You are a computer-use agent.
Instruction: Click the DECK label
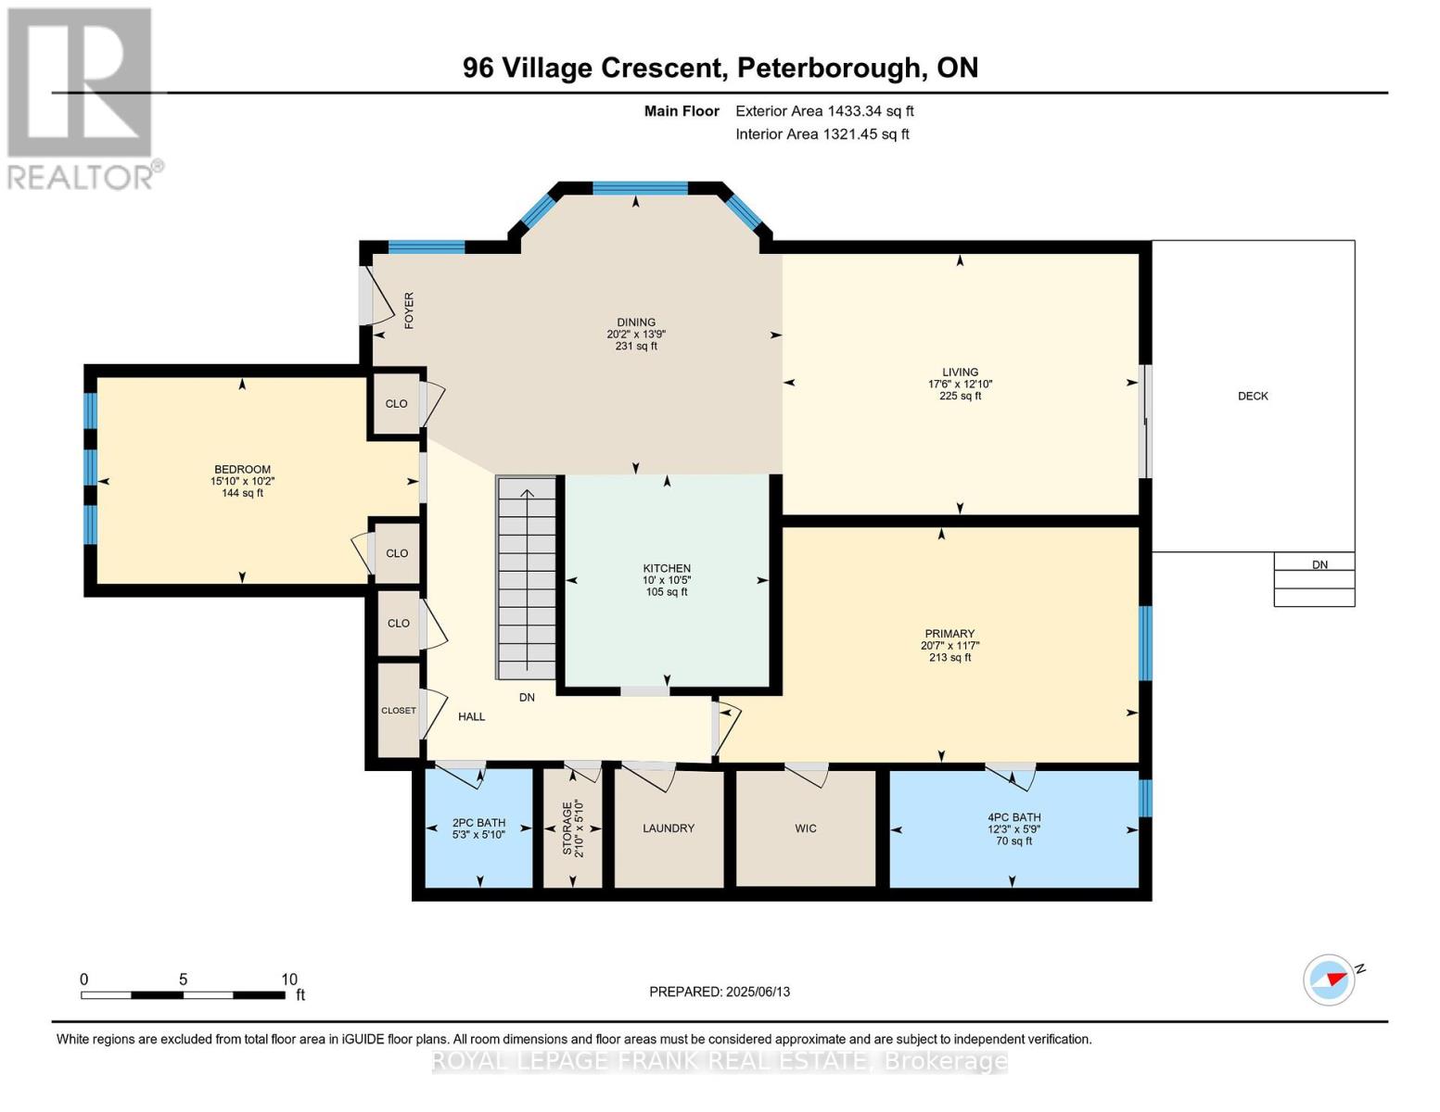[1253, 396]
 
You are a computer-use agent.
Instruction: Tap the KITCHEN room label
[667, 568]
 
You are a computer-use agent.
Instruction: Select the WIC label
[806, 828]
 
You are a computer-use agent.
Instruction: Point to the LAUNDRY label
[668, 828]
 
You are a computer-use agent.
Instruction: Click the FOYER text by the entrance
[409, 310]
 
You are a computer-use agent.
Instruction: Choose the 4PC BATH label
[1013, 817]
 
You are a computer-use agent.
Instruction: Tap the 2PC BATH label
[478, 823]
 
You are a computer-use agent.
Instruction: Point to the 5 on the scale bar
[183, 979]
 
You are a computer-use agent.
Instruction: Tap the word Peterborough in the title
[828, 68]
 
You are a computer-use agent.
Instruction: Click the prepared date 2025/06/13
[758, 992]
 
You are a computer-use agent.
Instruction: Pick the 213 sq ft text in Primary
[949, 658]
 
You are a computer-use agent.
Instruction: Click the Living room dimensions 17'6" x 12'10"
[960, 385]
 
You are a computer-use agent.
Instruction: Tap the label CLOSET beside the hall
[399, 711]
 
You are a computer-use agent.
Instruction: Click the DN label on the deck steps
[1319, 565]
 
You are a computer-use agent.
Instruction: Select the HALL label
[471, 716]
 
